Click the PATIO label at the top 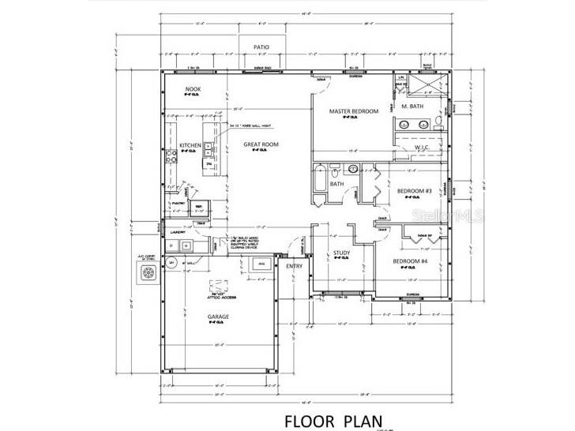pyautogui.click(x=261, y=47)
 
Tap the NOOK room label pyautogui.click(x=192, y=89)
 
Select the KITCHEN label pyautogui.click(x=190, y=145)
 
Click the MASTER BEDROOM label pyautogui.click(x=353, y=111)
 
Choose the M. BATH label pyautogui.click(x=414, y=106)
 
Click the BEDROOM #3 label pyautogui.click(x=413, y=191)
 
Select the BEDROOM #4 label pyautogui.click(x=411, y=261)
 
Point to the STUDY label pyautogui.click(x=341, y=253)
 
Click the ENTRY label pyautogui.click(x=294, y=266)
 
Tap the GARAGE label pyautogui.click(x=218, y=317)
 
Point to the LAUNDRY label pyautogui.click(x=178, y=232)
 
